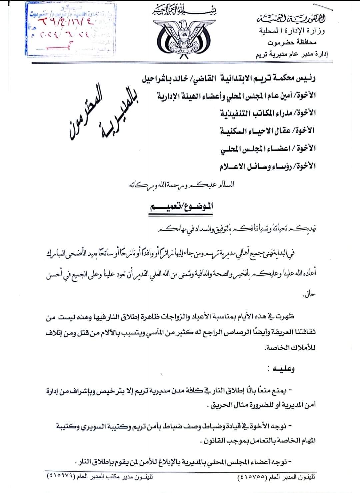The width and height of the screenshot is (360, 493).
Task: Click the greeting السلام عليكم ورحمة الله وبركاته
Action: pos(181,185)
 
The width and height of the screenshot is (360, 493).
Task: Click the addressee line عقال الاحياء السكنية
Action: pos(268,131)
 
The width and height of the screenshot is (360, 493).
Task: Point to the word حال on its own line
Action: pos(309,295)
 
